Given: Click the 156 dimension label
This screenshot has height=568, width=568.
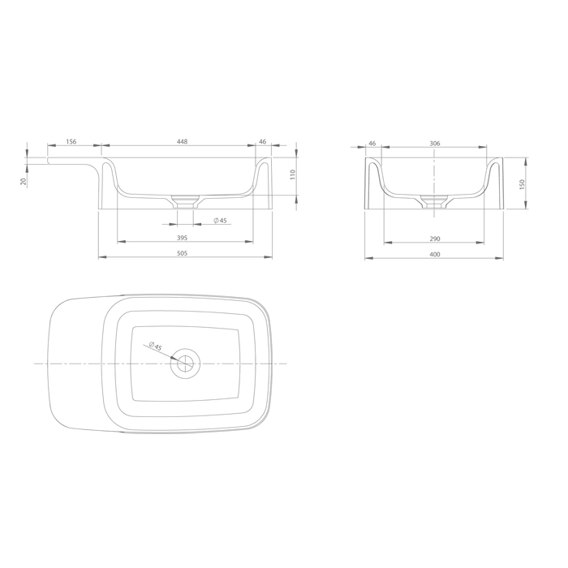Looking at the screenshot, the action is click(71, 141).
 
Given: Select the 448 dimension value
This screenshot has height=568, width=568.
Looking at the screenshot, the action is click(183, 141).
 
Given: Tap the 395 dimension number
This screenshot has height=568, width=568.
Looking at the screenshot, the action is click(183, 238).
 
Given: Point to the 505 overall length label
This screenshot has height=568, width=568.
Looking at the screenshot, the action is click(183, 253).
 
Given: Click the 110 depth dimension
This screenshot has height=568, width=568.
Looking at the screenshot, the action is click(293, 174).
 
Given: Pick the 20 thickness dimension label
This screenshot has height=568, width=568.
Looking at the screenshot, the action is click(24, 181).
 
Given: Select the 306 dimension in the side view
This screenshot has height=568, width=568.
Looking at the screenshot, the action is click(435, 144).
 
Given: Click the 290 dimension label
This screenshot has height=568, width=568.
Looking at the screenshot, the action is click(435, 239).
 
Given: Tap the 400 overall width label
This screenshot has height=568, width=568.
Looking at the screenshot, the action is click(435, 254).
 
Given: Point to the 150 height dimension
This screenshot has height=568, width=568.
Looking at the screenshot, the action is click(522, 184).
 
